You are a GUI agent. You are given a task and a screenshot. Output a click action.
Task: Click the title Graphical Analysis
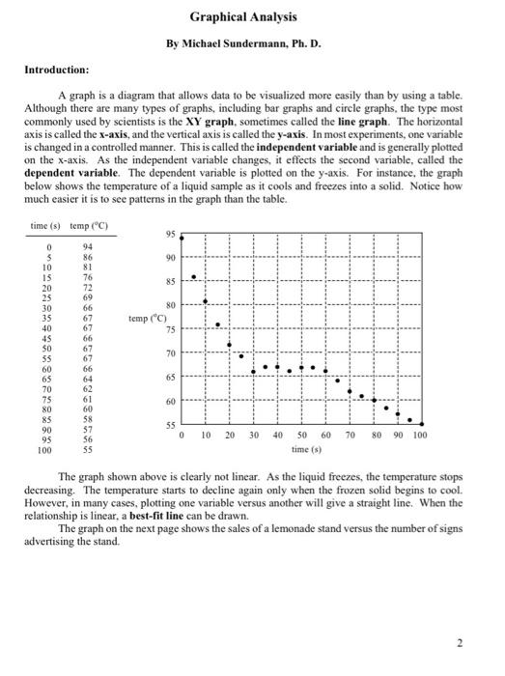[243, 17]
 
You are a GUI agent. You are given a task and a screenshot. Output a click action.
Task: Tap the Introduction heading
[55, 70]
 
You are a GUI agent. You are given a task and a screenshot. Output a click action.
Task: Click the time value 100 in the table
[42, 450]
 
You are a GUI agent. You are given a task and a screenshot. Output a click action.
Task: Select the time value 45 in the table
[42, 339]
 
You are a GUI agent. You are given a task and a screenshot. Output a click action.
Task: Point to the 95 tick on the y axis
[170, 235]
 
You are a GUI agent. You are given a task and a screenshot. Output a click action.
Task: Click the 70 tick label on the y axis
[170, 353]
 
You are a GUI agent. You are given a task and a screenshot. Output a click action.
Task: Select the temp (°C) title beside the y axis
[148, 318]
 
